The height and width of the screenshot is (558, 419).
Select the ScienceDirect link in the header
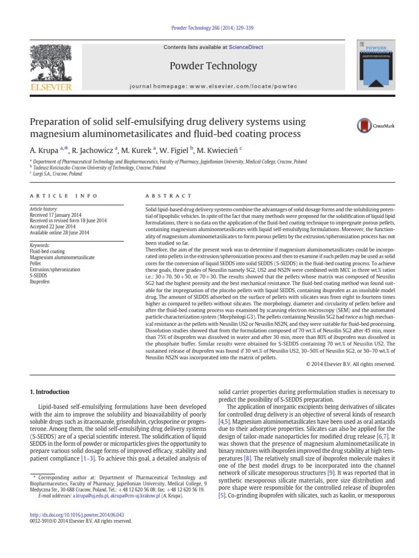click(246, 47)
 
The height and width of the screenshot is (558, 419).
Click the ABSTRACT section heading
click(169, 196)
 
